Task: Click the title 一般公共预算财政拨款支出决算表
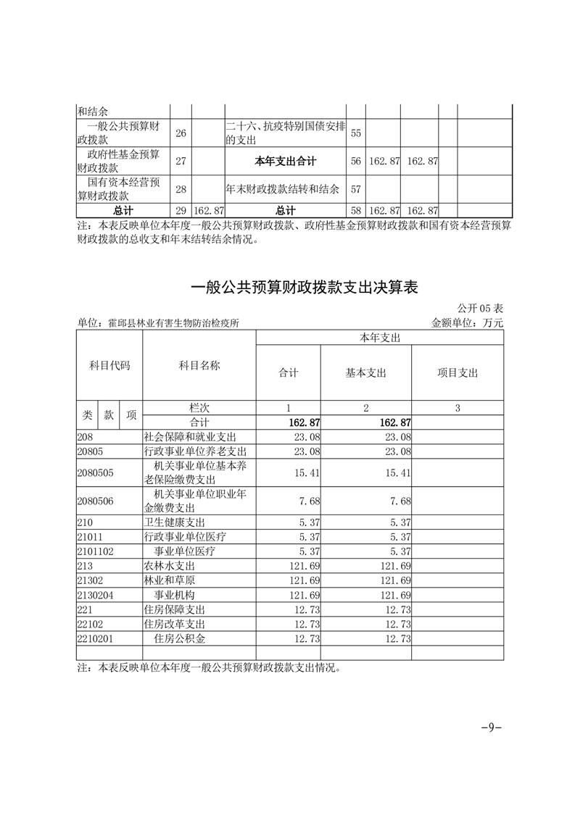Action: pos(305,287)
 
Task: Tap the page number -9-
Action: pos(492,727)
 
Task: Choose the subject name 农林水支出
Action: pos(170,566)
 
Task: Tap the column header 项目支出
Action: pos(458,373)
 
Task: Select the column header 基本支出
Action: pos(366,373)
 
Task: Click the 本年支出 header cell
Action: pos(381,338)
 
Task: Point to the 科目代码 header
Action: pos(109,366)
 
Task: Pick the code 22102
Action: pos(91,624)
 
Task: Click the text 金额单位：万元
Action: pos(467,323)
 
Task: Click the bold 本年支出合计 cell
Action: pos(286,161)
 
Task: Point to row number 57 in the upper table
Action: pos(356,189)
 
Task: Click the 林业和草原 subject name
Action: pos(170,580)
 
